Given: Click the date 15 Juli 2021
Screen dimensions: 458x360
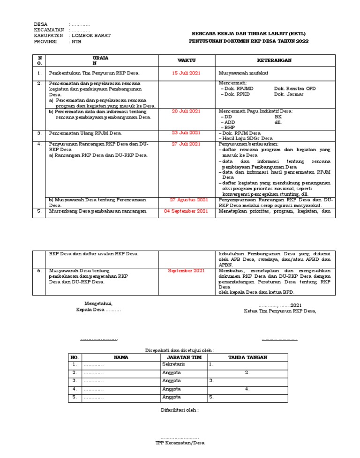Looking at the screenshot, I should pyautogui.click(x=186, y=73).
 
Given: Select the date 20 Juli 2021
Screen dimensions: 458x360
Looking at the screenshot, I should pyautogui.click(x=186, y=111).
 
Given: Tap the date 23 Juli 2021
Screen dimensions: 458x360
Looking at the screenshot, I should pyautogui.click(x=186, y=133).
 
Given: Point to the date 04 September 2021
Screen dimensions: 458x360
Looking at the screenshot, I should pyautogui.click(x=186, y=211).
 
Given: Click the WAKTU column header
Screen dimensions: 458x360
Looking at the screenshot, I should pyautogui.click(x=186, y=60).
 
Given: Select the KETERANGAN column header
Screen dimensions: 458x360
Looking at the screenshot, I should pyautogui.click(x=274, y=60).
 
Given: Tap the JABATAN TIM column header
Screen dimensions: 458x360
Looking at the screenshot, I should pyautogui.click(x=180, y=357).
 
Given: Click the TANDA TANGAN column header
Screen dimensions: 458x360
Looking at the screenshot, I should pyautogui.click(x=247, y=357).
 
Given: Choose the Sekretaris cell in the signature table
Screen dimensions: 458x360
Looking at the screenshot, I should pyautogui.click(x=173, y=364).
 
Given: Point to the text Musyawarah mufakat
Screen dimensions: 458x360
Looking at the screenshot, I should pyautogui.click(x=241, y=73).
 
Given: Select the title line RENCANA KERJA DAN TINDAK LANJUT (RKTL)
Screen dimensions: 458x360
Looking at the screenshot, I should pyautogui.click(x=249, y=34).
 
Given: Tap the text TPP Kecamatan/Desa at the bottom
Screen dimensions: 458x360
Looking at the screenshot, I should pyautogui.click(x=180, y=443).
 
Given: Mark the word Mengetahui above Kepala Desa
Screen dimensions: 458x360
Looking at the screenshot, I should pyautogui.click(x=98, y=303).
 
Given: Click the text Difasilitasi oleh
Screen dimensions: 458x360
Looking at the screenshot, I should pyautogui.click(x=180, y=409).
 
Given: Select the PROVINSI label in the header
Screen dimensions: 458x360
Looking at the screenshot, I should pyautogui.click(x=45, y=42).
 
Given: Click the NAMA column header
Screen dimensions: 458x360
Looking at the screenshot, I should pyautogui.click(x=120, y=357).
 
